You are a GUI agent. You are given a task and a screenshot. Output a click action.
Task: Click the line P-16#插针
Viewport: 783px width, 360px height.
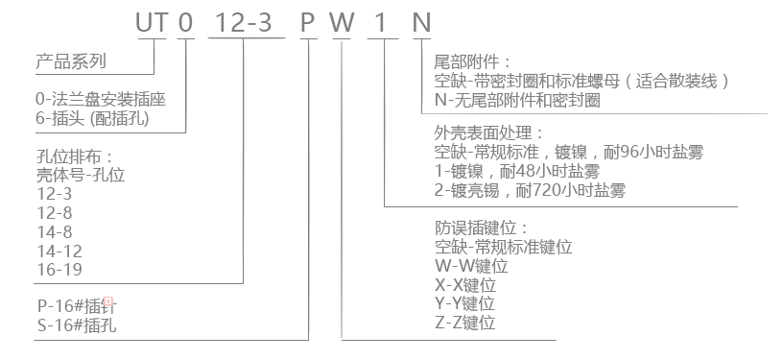[x=79, y=305]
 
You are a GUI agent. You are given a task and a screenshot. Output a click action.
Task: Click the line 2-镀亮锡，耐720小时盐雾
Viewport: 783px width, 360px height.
[x=530, y=190]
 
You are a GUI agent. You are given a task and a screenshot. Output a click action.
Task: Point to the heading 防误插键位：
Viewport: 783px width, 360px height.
[x=482, y=228]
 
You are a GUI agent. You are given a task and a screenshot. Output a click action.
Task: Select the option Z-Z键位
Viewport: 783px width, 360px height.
[x=464, y=323]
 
